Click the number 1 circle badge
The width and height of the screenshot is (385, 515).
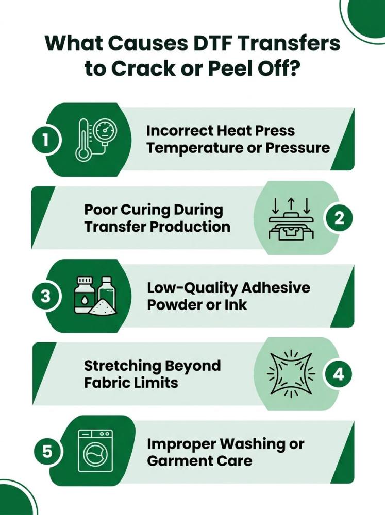[45, 140]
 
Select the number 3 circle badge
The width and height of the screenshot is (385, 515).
[45, 296]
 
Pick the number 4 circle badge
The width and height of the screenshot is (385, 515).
[339, 374]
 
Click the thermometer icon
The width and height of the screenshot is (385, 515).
[82, 140]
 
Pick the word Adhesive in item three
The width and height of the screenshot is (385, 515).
[276, 288]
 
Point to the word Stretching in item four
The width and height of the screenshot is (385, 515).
[124, 366]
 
